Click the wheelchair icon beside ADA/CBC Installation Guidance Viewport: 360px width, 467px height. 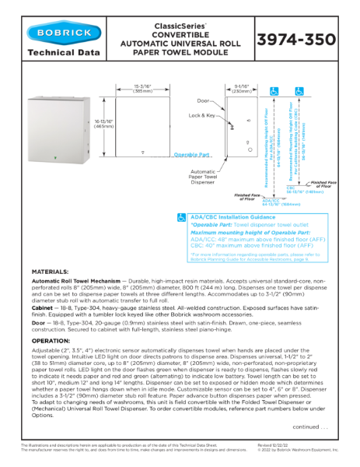[x=181, y=217]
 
